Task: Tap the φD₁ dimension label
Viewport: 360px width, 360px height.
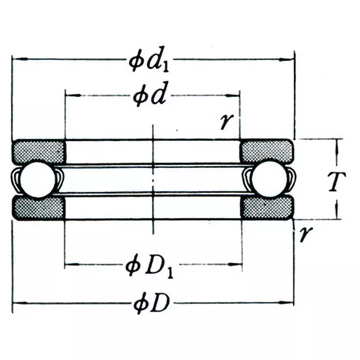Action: coord(152,267)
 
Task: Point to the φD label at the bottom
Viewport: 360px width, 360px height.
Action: coord(152,305)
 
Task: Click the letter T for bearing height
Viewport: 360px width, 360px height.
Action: coord(335,181)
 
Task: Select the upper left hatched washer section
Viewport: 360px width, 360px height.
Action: coord(38,151)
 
